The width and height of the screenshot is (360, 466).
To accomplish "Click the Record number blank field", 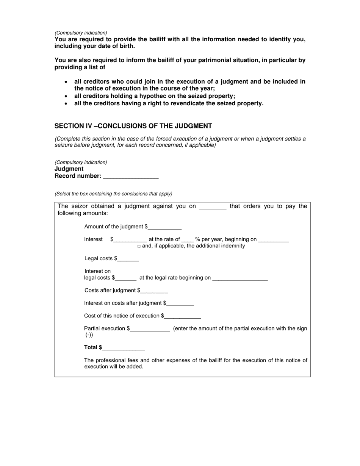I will coord(131,176).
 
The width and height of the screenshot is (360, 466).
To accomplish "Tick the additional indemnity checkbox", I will coord(139,246).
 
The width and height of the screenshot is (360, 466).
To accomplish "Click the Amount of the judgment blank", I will coord(165,227).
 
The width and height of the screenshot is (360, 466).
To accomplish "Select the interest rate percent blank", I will coord(188,239).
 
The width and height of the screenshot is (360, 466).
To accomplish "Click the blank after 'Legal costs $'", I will coord(128,259).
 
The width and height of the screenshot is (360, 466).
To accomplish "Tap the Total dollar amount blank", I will coord(124,348).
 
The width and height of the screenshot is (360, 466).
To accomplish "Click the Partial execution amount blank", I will coord(150,329).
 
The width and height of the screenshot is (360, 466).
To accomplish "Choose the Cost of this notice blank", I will coord(183,316).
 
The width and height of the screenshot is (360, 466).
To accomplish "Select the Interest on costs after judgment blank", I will coord(180,303).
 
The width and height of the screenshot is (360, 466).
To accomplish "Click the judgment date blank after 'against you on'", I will coord(213,206).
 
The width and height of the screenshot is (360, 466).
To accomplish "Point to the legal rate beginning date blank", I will coord(240,278).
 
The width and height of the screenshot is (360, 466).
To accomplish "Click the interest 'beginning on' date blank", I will coord(274,239).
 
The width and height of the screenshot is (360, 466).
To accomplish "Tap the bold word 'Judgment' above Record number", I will coord(69,169).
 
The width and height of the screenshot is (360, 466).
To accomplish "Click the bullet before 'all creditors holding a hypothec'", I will coord(67,97).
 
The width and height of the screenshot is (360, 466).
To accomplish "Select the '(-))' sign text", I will coord(89,335).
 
